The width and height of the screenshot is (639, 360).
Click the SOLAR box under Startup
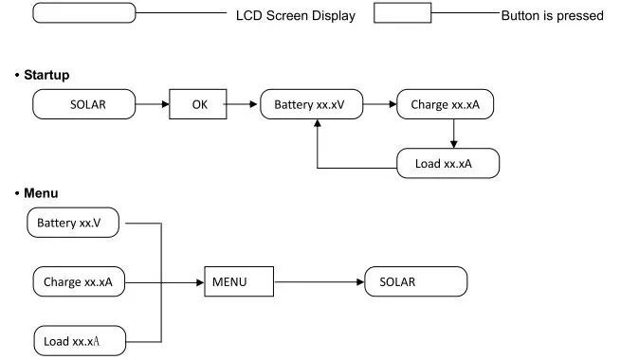pos(84,104)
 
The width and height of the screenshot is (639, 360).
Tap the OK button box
pos(198,104)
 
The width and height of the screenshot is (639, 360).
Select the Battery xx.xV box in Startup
pos(312,104)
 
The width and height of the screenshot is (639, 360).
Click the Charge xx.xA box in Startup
pos(445,104)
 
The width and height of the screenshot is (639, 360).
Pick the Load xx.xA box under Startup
pos(447,163)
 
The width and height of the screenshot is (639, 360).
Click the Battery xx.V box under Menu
pos(73,223)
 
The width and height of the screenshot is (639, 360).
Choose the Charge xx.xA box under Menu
pos(79,281)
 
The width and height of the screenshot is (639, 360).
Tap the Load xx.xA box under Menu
pos(80,341)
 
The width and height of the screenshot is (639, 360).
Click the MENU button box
pos(239,281)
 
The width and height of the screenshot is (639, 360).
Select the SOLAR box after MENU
pos(415,281)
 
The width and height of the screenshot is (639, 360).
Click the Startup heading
pos(46,75)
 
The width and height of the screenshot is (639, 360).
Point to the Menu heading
pos(41,193)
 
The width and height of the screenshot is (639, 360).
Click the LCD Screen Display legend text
pos(296,15)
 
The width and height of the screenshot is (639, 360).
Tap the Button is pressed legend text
pos(552,15)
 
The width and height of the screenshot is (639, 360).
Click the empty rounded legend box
pos(84,12)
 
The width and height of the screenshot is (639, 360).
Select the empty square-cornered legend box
pos(403,12)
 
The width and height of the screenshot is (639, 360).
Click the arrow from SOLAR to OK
pos(153,104)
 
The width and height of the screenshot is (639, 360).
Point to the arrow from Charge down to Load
pos(453,134)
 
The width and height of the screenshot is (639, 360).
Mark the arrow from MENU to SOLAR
pos(319,281)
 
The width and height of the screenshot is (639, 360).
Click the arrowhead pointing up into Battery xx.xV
pos(317,123)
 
